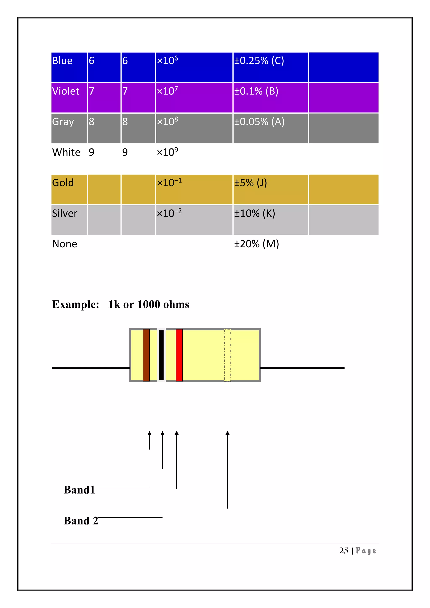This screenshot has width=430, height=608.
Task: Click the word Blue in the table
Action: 62,61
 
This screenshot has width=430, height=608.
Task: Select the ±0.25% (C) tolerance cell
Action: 259,61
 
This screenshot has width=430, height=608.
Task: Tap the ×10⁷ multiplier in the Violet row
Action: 167,91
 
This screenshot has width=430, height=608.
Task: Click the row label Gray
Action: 63,122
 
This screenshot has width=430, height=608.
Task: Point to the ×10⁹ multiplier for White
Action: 167,152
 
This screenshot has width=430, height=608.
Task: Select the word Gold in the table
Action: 63,183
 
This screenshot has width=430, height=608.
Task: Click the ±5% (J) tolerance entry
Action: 250,183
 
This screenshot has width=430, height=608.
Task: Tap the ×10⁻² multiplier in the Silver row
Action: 169,213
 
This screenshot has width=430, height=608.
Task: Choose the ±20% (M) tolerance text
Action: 256,244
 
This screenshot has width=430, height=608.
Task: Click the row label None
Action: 65,244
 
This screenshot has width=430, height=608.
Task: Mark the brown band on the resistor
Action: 146,355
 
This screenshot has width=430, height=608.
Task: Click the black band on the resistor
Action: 161,355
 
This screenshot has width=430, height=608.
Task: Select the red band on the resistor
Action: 179,355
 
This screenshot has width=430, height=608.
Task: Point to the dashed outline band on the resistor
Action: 227,355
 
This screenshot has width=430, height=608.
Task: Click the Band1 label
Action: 79,490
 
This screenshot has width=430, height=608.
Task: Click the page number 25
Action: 344,550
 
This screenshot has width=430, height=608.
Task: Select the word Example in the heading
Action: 75,305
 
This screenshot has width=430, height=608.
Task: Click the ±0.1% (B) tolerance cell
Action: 256,91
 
